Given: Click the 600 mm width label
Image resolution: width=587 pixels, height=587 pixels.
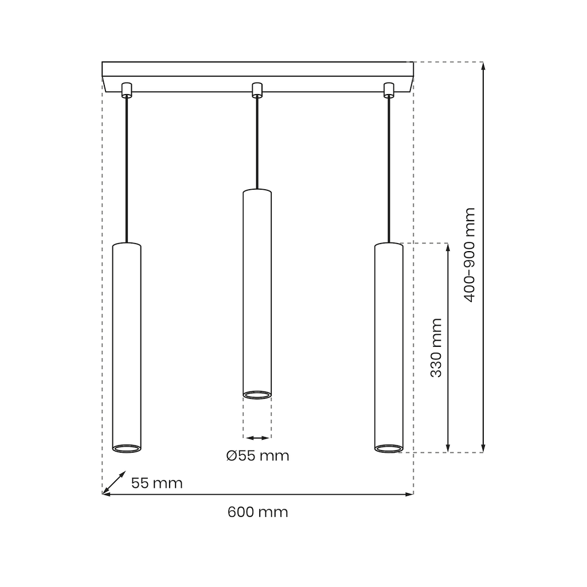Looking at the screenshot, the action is pyautogui.click(x=257, y=512).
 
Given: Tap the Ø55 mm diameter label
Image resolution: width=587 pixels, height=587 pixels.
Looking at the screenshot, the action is pyautogui.click(x=257, y=456).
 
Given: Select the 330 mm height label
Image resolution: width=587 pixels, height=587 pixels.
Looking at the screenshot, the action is pyautogui.click(x=436, y=348).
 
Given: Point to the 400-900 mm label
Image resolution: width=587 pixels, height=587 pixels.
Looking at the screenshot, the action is pyautogui.click(x=469, y=255).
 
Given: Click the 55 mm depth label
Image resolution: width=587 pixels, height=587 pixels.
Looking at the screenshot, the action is pyautogui.click(x=157, y=483).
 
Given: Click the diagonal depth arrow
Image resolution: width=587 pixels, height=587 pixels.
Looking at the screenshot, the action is pyautogui.click(x=114, y=483).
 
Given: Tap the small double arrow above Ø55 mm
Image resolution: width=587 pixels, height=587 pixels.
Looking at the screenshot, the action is pyautogui.click(x=257, y=437).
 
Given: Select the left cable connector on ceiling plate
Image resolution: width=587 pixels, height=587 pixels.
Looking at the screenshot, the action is pyautogui.click(x=127, y=90).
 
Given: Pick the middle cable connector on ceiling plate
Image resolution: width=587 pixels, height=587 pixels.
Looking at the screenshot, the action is pyautogui.click(x=257, y=90).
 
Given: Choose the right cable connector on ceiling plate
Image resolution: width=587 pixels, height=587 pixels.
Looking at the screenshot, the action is pyautogui.click(x=389, y=90).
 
